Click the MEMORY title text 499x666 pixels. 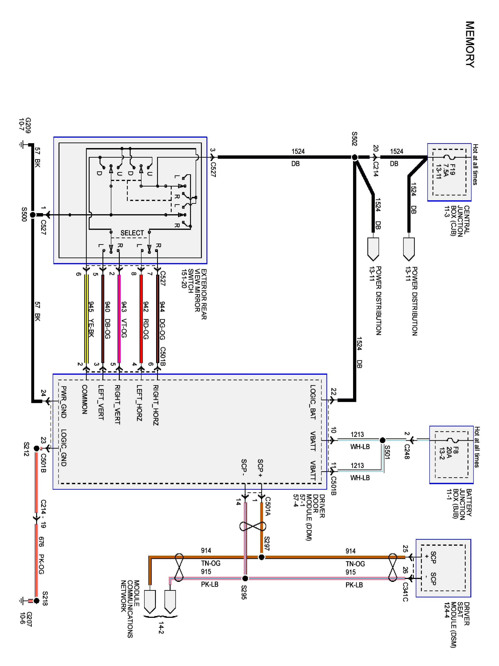click(x=470, y=44)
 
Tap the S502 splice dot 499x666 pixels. click(x=355, y=157)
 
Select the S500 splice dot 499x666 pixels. click(x=33, y=215)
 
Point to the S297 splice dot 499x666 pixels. click(x=261, y=557)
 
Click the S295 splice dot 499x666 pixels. click(x=245, y=578)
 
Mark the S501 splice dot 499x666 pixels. click(x=383, y=440)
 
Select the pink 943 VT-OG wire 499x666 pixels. click(x=119, y=319)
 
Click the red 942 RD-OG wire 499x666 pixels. click(x=141, y=319)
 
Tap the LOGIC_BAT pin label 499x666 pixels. click(x=313, y=402)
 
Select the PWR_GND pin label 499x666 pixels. click(x=63, y=402)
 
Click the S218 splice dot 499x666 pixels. click(x=36, y=601)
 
